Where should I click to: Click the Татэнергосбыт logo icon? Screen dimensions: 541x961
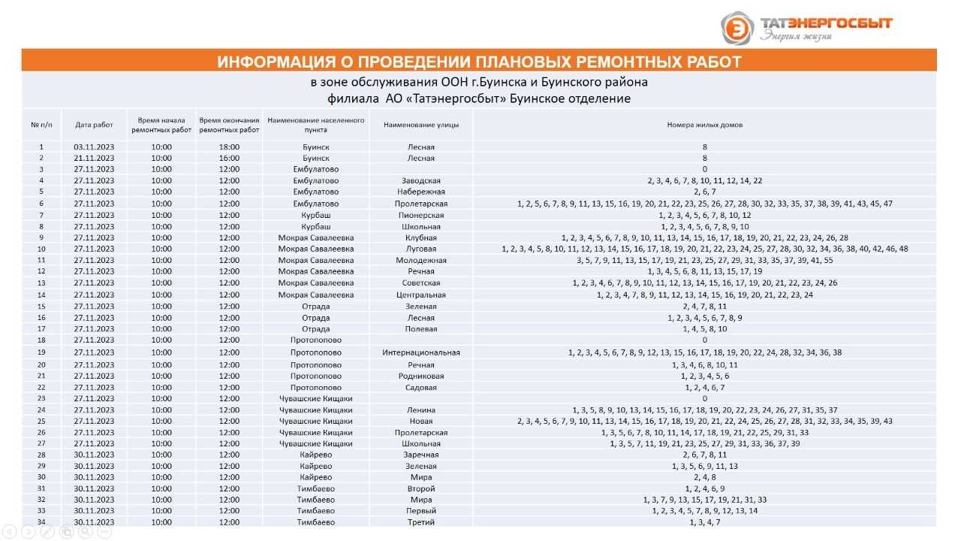[737, 28]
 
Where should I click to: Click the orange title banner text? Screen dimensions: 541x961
[479, 62]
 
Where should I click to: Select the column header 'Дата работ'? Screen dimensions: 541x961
[94, 125]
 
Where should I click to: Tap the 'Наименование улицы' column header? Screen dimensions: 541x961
[420, 125]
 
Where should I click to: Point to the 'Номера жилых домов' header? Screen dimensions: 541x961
[704, 125]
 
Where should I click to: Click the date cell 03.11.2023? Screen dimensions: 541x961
[94, 147]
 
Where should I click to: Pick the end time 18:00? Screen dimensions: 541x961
[229, 147]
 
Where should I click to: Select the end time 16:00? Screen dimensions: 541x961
[229, 159]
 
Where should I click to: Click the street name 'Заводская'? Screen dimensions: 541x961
[420, 181]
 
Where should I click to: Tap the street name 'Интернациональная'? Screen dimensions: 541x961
[420, 352]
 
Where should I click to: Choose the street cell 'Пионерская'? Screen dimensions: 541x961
[420, 216]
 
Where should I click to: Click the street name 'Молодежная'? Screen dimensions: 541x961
[420, 261]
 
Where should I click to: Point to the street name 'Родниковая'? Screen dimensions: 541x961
[420, 376]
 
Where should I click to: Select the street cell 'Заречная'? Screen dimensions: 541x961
[420, 455]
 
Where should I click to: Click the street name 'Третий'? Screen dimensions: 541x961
[420, 522]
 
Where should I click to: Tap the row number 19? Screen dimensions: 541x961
[41, 352]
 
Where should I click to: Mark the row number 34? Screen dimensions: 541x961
[41, 522]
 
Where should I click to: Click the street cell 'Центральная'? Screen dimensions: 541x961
[420, 295]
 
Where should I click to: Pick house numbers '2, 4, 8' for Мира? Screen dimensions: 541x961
[704, 477]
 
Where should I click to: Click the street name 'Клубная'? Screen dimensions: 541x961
[420, 238]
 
